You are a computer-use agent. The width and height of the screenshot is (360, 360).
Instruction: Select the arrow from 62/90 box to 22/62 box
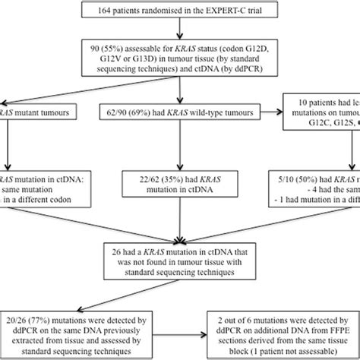(179, 149)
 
